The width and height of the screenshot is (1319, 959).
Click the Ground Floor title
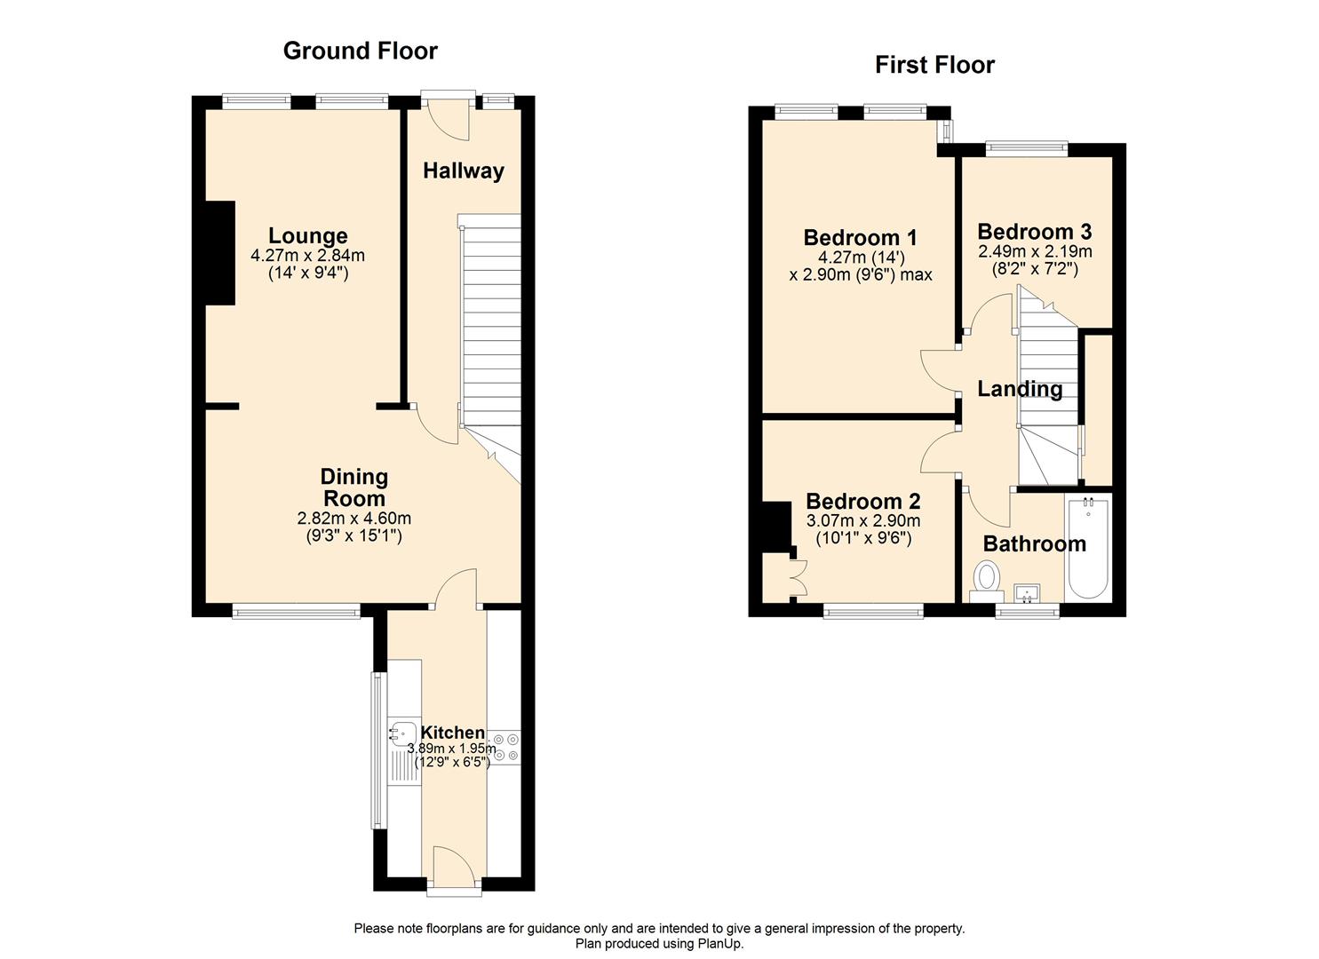coord(360,51)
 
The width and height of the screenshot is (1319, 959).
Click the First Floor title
coord(934,65)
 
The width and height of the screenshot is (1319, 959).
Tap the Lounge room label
coord(308,236)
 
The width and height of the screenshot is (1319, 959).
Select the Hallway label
coord(463,170)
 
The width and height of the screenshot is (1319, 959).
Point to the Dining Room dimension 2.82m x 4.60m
coord(354,519)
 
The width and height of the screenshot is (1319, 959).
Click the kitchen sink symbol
coord(403,734)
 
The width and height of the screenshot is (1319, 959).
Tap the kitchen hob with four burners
coord(506,747)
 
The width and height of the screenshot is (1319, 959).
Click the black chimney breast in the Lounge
coord(220,253)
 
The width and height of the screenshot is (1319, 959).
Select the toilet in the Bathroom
coord(986,579)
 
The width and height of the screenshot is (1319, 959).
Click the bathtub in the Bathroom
coord(1087,549)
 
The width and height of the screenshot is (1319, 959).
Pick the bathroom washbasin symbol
coord(1028,593)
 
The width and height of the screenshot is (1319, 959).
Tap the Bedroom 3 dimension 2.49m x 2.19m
coord(1035,252)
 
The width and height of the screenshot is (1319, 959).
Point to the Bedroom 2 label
coord(862,502)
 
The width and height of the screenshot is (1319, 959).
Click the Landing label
coord(1020,389)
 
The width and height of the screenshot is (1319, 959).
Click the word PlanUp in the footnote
coord(719,944)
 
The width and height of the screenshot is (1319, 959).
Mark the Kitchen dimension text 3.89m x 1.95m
coord(451,749)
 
